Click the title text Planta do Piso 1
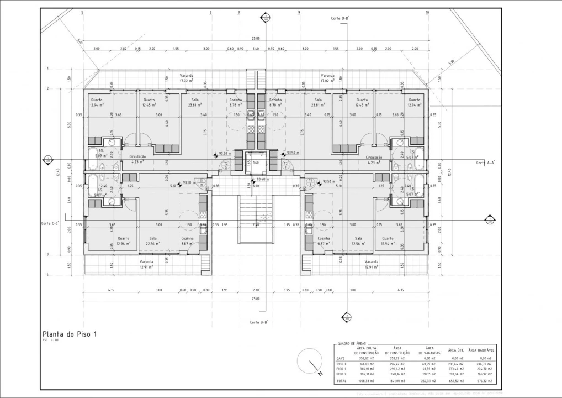coord(70,334)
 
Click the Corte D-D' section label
coord(340,18)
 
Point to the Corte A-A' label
coord(485,163)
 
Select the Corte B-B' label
coord(258,322)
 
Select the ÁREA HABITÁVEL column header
coord(480,350)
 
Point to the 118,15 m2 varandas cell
coord(429,374)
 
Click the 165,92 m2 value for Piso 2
coord(484,374)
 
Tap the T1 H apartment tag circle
coord(202,182)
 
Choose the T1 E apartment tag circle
coord(311,182)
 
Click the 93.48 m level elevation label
coord(262,179)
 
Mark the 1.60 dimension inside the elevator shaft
coord(256,163)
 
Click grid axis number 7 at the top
coord(238,12)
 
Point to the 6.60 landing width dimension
coord(256,186)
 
